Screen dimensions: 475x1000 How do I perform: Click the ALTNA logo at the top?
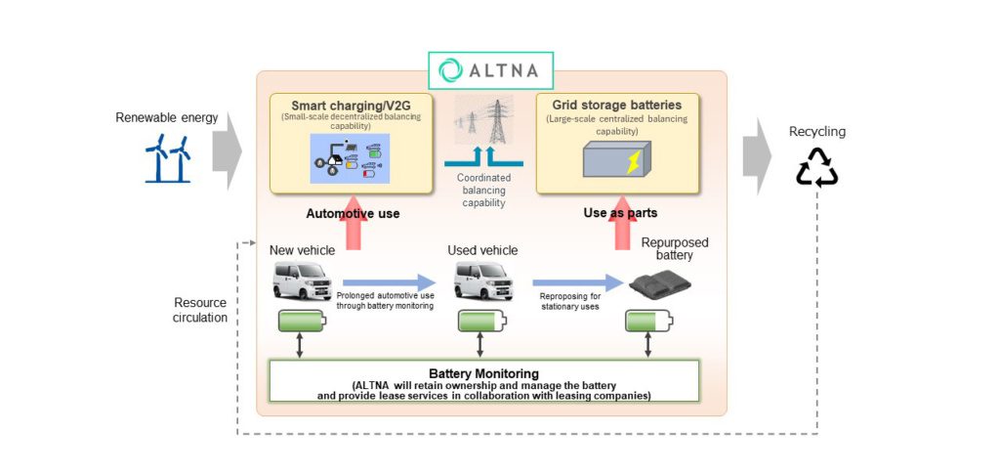coord(490,70)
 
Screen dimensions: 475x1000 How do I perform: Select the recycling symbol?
coord(817,166)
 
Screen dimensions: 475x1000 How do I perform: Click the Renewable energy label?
coord(167,118)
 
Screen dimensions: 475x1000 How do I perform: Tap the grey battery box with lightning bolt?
coord(613,157)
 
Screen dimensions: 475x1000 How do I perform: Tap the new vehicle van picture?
coord(302,281)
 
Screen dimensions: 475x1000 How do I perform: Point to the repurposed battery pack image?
coord(659,283)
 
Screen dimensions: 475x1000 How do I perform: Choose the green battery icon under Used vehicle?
coord(480,322)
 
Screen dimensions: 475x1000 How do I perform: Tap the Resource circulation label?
coord(200,310)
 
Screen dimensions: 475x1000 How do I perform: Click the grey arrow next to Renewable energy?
coord(227,151)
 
